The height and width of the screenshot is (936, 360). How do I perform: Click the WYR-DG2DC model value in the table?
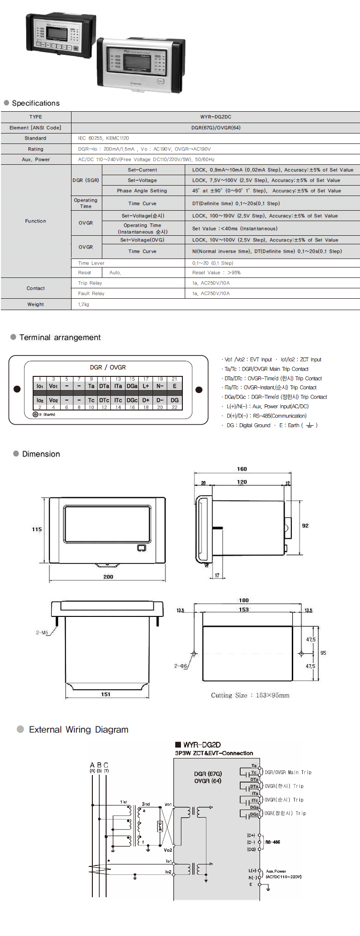[x=216, y=117]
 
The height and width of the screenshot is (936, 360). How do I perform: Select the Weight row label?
[x=36, y=304]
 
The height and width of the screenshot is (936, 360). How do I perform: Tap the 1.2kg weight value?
[x=83, y=304]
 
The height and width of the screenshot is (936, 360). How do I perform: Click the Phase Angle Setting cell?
[x=142, y=191]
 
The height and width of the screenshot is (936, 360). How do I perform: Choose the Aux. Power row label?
[x=36, y=160]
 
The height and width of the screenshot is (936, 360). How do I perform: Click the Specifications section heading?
[x=36, y=103]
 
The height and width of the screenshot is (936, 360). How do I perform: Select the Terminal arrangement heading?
[x=60, y=337]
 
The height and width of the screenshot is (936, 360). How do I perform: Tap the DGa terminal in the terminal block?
[x=132, y=386]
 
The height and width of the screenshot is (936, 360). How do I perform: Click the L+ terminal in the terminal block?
[x=146, y=386]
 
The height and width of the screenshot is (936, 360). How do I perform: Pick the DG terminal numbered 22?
[x=174, y=401]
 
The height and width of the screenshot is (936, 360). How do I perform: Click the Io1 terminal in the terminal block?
[x=40, y=386]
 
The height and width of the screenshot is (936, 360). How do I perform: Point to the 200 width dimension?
[x=108, y=577]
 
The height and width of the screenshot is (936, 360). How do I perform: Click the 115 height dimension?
[x=37, y=529]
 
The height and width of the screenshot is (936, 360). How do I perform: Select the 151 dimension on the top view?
[x=105, y=695]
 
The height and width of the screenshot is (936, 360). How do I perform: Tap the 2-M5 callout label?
[x=42, y=633]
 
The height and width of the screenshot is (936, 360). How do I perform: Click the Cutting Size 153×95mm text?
[x=250, y=695]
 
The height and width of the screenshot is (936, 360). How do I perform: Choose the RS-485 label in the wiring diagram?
[x=272, y=842]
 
